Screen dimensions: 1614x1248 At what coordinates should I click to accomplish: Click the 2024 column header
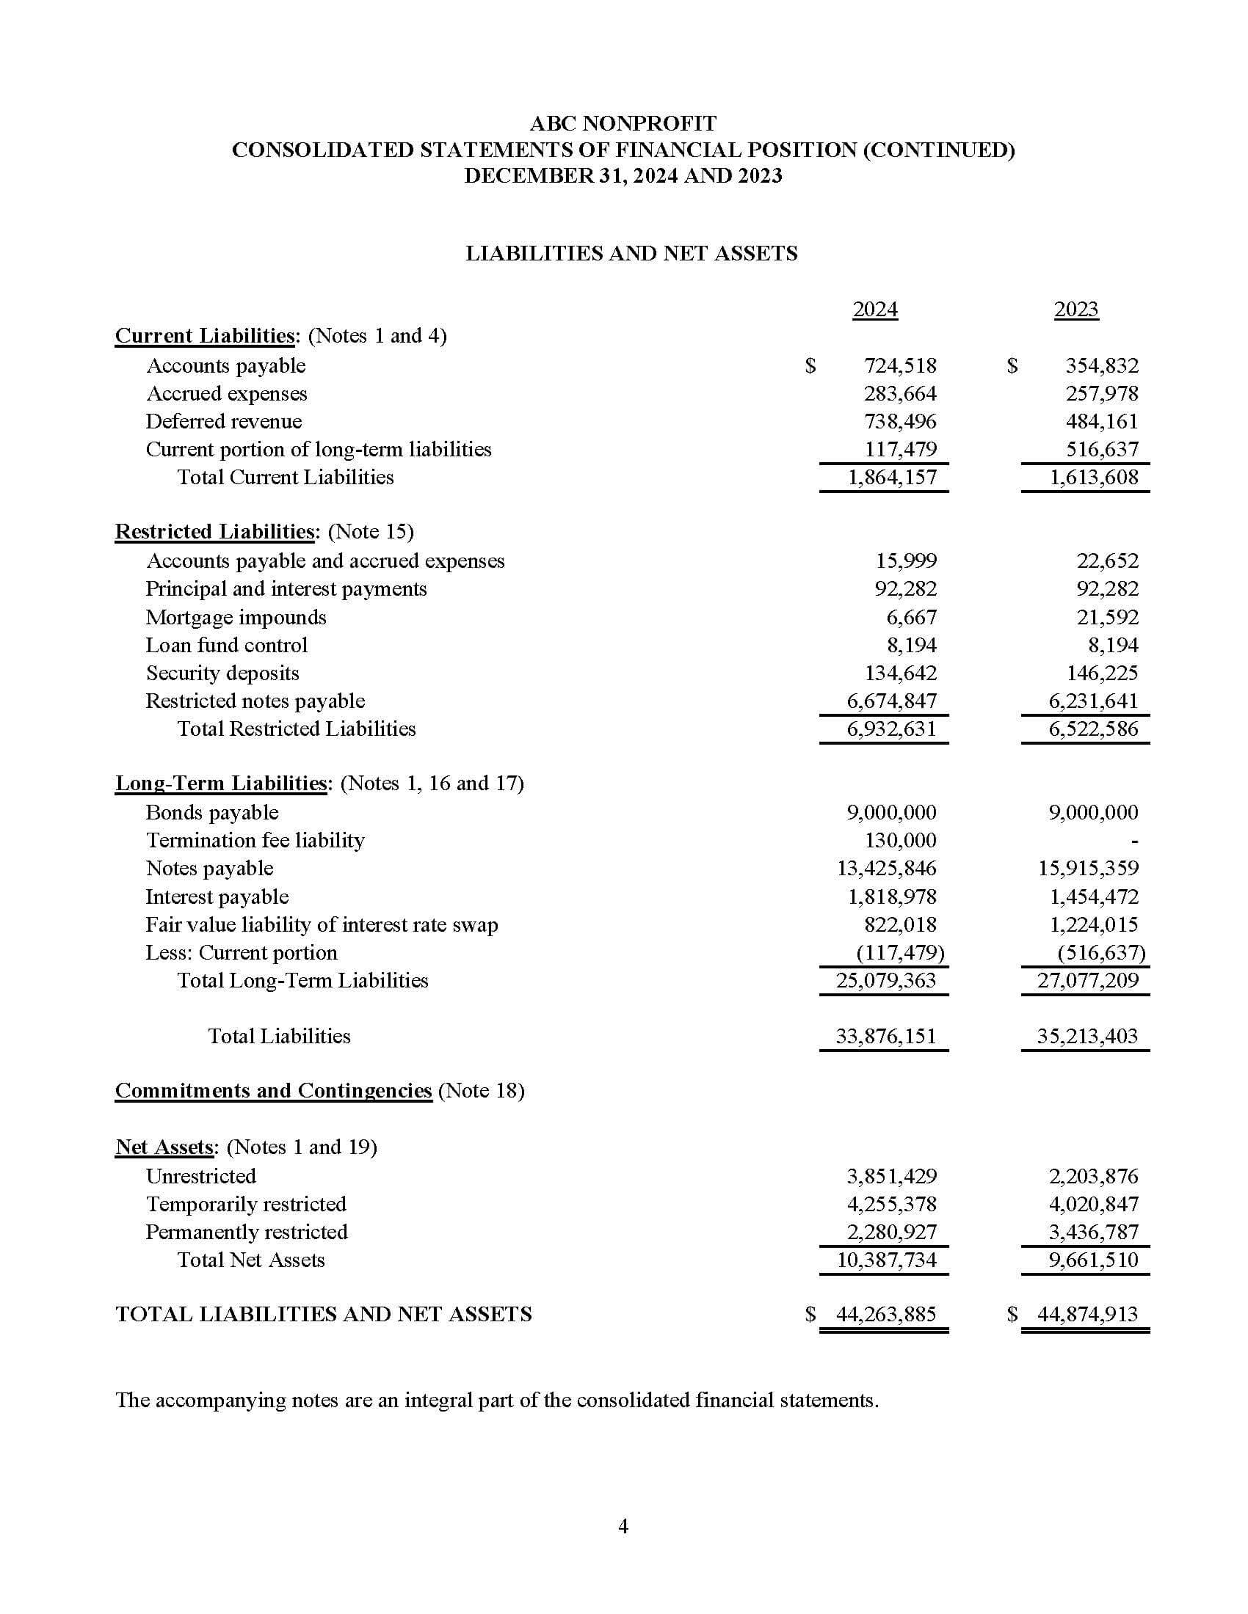[874, 309]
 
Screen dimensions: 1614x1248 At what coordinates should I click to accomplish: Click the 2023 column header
[1075, 309]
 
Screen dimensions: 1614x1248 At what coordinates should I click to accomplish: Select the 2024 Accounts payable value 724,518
[900, 366]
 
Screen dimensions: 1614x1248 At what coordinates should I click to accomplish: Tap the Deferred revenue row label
[223, 421]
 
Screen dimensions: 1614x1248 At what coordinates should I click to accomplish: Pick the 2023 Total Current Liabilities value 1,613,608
[1094, 478]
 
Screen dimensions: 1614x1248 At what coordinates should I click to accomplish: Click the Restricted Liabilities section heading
[215, 531]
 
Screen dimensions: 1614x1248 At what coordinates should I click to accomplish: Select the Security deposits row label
[222, 673]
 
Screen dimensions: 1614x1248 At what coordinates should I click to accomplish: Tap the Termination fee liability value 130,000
[900, 840]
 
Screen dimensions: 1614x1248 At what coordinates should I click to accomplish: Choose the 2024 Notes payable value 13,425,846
[886, 869]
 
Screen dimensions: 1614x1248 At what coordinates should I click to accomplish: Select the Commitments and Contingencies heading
[273, 1091]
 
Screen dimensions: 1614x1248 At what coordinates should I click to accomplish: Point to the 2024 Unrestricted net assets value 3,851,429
[891, 1176]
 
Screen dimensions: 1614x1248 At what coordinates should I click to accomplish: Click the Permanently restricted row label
[246, 1232]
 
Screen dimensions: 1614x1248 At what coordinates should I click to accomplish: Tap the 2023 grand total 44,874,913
[1086, 1314]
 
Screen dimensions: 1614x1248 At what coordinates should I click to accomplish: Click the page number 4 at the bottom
[623, 1526]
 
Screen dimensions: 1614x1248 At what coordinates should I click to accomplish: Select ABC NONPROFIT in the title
[623, 123]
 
